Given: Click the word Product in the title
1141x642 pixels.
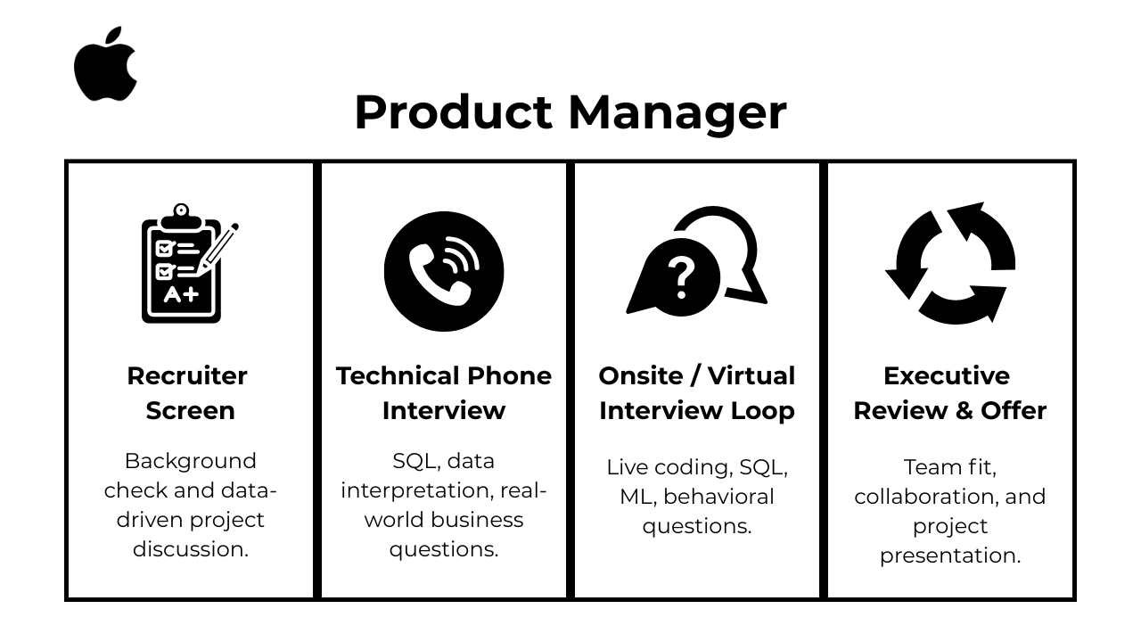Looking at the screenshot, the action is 454,112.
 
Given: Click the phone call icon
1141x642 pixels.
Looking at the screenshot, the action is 444,272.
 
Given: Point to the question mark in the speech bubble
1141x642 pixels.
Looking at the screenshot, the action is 682,277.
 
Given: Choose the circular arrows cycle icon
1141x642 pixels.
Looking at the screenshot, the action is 950,263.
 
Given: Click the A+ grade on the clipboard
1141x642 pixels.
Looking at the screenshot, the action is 181,294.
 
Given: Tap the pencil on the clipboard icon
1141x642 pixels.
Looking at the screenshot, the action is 218,250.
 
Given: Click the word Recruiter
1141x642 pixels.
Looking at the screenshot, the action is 187,376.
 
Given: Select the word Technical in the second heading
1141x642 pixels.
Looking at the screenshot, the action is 398,376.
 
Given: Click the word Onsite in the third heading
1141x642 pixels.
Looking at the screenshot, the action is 641,376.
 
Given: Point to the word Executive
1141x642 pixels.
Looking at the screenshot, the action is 947,376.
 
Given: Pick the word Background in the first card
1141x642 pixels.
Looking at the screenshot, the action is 191,461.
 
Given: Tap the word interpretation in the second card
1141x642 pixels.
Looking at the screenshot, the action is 417,491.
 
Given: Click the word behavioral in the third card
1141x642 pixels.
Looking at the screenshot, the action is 718,497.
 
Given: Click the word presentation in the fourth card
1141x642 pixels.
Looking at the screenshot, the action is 950,556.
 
